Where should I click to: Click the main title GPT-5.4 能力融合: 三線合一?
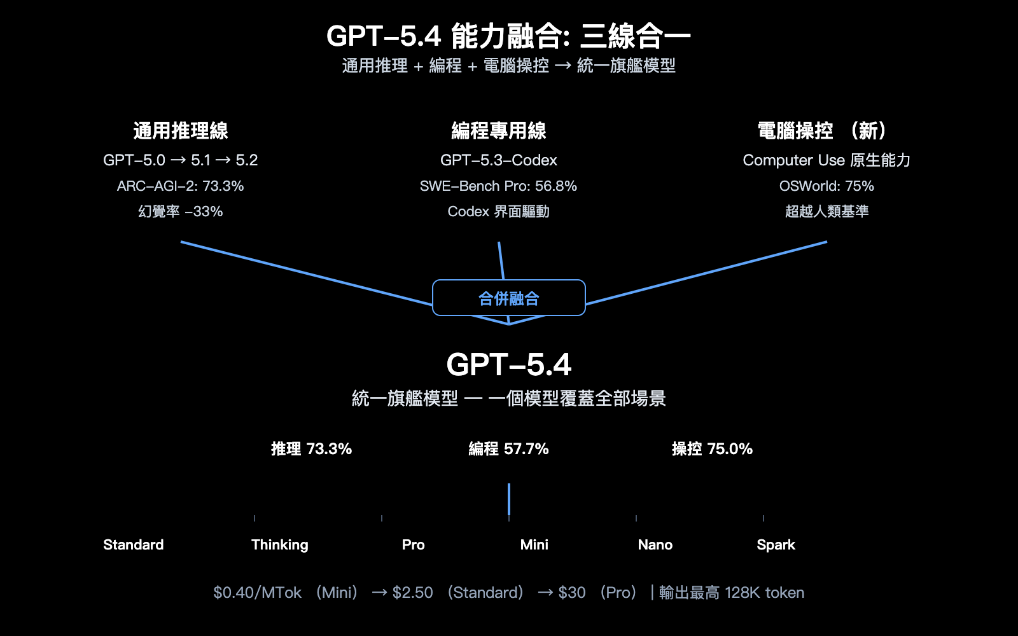[508, 36]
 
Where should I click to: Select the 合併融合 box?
[508, 298]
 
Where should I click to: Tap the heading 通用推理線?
[181, 131]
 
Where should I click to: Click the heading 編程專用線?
[499, 131]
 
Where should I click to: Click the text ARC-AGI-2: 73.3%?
[181, 186]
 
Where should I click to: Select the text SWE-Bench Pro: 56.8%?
[499, 186]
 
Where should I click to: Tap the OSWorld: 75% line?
[826, 186]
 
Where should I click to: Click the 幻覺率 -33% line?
[181, 212]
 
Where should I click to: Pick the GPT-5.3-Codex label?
[499, 160]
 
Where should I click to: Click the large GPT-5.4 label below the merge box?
[508, 365]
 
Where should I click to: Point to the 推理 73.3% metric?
[311, 449]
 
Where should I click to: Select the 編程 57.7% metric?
[508, 449]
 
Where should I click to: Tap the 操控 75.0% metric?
[712, 449]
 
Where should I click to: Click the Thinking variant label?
[279, 545]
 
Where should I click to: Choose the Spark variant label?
[776, 545]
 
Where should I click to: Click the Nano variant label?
[655, 545]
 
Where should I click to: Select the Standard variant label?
[134, 545]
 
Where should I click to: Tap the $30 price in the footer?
[571, 593]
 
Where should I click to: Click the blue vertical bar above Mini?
[509, 499]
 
